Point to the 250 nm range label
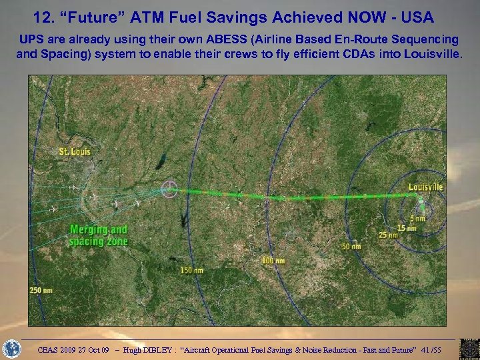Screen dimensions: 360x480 (40, 290)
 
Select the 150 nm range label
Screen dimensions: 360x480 (191, 270)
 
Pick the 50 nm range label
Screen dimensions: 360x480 (351, 246)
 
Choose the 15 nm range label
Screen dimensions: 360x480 (407, 227)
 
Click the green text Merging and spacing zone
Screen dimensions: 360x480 (99, 235)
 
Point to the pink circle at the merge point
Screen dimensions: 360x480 (171, 189)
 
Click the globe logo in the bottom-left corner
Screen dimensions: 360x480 (12, 348)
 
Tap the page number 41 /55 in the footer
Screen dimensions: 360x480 (453, 348)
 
